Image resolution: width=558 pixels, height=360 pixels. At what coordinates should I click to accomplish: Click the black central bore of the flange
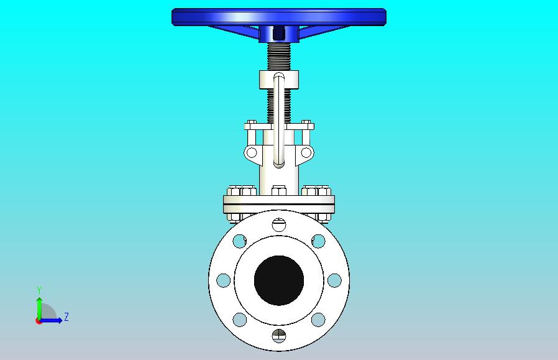pos(279,280)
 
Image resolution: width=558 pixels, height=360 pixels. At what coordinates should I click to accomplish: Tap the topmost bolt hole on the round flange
pos(279,224)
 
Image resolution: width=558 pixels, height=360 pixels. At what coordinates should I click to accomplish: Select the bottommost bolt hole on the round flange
pos(279,336)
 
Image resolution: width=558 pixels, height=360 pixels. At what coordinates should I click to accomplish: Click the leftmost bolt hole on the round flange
pos(224,280)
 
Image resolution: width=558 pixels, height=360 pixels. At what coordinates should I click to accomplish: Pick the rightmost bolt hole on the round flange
pos(334,280)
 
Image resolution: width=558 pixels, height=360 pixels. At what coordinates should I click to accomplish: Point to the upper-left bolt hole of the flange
pos(239,241)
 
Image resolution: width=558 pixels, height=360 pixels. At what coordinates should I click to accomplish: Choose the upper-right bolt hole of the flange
pos(318,241)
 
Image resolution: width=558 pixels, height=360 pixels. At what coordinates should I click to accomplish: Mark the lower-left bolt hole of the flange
pos(239,320)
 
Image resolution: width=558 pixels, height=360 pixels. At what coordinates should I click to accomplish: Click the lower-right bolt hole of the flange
pos(318,320)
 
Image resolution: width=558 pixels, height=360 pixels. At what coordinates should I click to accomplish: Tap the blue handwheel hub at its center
pos(279,34)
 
